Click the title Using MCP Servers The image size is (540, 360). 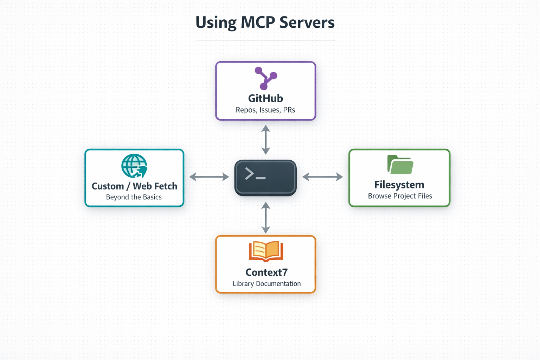[x=265, y=22]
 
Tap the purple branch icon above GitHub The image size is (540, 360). [x=266, y=78]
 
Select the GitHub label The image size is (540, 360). [x=265, y=98]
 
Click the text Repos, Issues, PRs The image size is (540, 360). [x=265, y=110]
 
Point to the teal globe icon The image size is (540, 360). [x=134, y=166]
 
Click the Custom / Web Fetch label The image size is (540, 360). [x=134, y=186]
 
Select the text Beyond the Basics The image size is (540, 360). [x=134, y=197]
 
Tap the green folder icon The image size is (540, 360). [x=400, y=165]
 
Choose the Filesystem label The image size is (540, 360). [x=399, y=185]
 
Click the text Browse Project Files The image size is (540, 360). [x=400, y=196]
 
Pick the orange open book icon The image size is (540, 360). [x=266, y=251]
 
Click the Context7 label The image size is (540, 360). [x=266, y=272]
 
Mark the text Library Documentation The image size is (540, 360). [x=266, y=284]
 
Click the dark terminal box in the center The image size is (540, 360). [x=265, y=178]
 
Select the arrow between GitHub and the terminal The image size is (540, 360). [x=266, y=140]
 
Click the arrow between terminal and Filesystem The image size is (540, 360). [x=322, y=177]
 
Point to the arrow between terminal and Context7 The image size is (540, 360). [x=266, y=218]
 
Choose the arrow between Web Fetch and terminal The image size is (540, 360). [x=209, y=177]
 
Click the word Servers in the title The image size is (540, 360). [x=307, y=22]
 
